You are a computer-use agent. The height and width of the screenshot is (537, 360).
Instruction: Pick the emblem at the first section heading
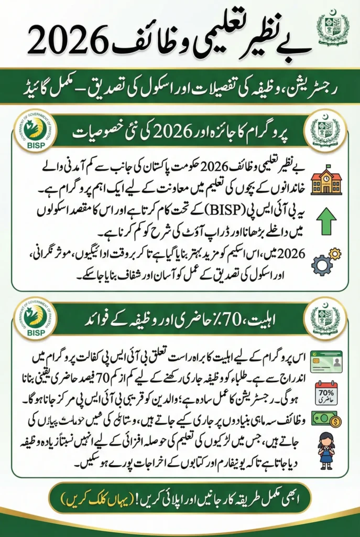pos(325,131)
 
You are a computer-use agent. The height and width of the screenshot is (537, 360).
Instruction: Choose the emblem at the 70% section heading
pos(325,318)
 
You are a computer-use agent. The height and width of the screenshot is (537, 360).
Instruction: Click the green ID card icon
pos(326,361)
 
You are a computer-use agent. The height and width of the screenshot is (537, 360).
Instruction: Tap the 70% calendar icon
pos(326,392)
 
